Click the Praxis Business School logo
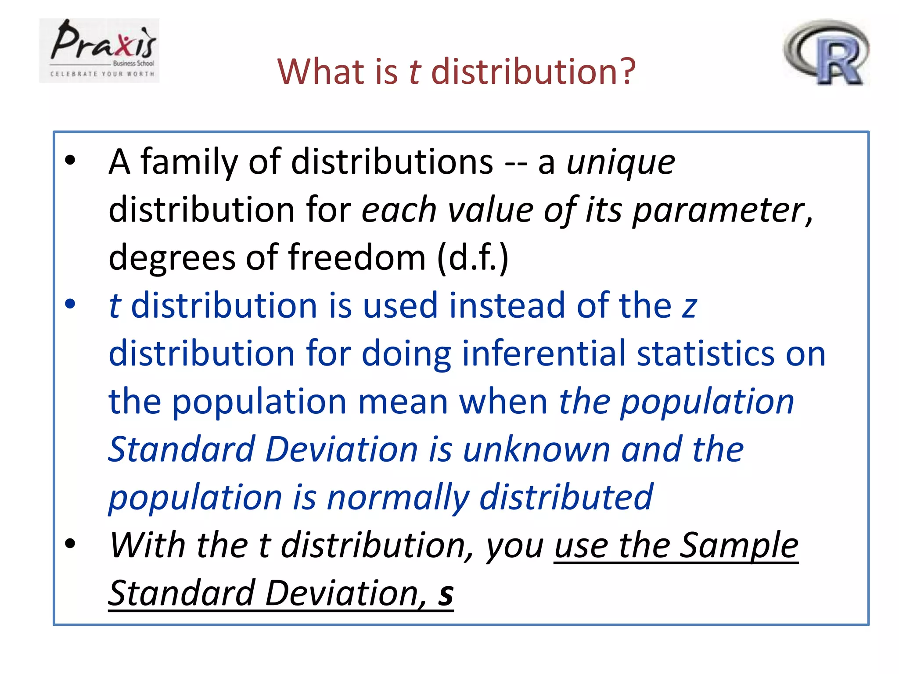pyautogui.click(x=99, y=50)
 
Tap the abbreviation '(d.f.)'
pyautogui.click(x=473, y=258)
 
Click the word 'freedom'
pyautogui.click(x=357, y=258)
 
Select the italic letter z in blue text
pyautogui.click(x=689, y=306)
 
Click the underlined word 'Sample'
pyautogui.click(x=739, y=546)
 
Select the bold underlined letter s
pyautogui.click(x=446, y=594)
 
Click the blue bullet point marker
pyautogui.click(x=70, y=304)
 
